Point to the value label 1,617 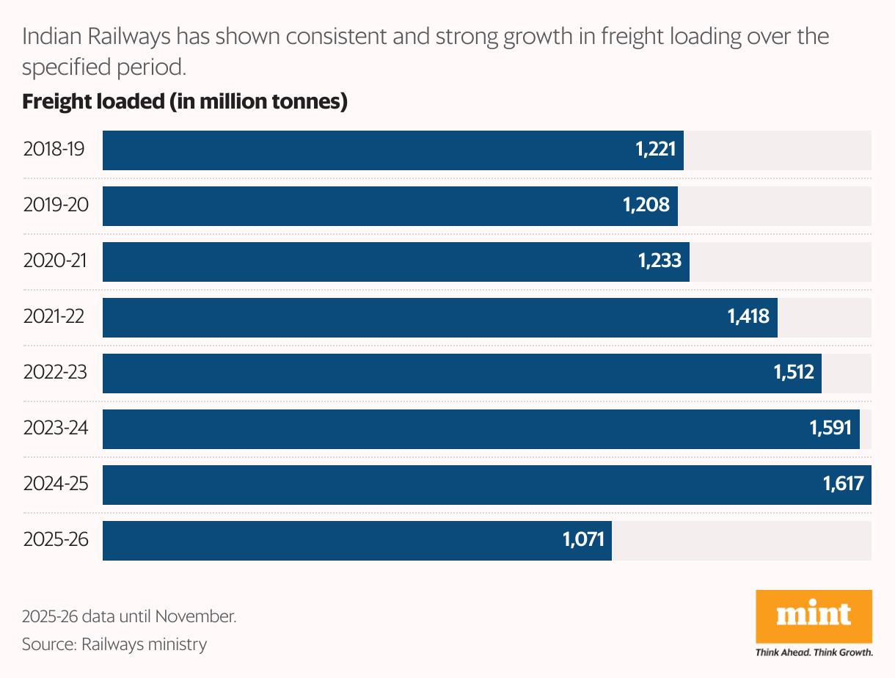843,484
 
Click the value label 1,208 646,205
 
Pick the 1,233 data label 659,261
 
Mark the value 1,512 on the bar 794,373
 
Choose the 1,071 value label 583,540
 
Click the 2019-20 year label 56,205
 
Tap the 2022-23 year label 55,373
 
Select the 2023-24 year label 56,429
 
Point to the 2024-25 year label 56,484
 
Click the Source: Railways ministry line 114,645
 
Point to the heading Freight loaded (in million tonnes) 184,102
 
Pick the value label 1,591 831,429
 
